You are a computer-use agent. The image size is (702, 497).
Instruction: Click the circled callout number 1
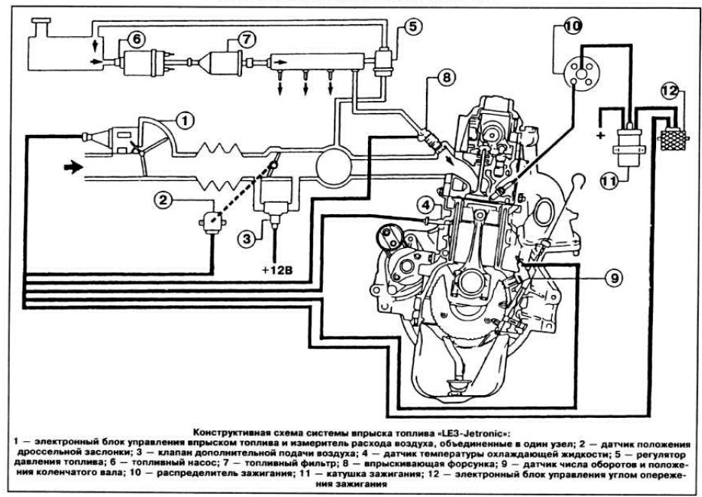click(185, 121)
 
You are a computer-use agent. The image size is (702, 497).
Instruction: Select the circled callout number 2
click(163, 200)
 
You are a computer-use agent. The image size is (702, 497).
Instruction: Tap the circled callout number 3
click(247, 238)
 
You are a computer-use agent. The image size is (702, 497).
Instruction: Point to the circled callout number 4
click(425, 205)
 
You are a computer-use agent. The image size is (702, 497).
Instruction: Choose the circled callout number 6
click(136, 39)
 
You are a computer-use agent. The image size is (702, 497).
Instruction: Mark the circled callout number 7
click(246, 39)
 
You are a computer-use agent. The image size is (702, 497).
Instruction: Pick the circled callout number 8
click(446, 78)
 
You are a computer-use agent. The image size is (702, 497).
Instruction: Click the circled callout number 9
click(615, 278)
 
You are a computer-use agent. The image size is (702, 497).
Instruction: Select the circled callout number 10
click(572, 26)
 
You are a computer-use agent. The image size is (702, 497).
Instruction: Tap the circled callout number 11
click(609, 181)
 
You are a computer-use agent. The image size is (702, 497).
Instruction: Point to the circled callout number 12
click(670, 91)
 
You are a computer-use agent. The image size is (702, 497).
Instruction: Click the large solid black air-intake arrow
click(74, 167)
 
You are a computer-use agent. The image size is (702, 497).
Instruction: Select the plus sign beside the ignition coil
click(600, 134)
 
